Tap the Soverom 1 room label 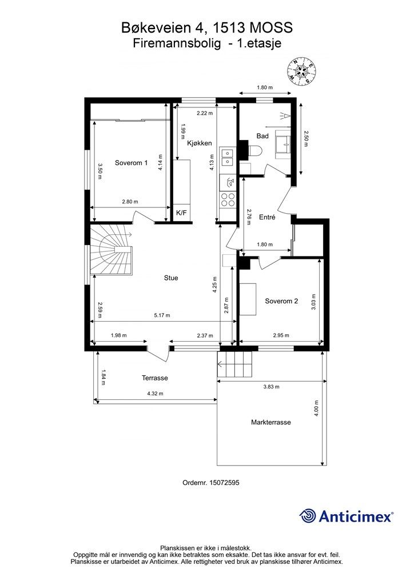131,163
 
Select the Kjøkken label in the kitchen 200,143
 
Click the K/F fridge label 181,213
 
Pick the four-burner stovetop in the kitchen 228,199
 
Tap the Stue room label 171,278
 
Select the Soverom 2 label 281,301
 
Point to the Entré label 267,217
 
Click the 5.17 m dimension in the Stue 162,315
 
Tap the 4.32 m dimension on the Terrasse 156,394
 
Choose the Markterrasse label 271,422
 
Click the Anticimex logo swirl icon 308,516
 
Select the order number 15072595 224,482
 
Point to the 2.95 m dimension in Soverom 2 281,335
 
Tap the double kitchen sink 226,157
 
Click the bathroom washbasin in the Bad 283,142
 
